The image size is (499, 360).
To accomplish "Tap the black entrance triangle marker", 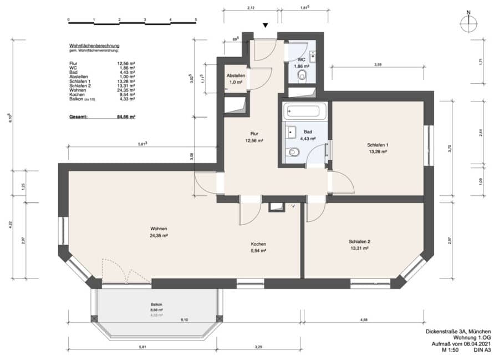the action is [x=266, y=26].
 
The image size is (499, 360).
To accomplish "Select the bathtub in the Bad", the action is [x=304, y=111].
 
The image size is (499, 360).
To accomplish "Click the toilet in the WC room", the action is [x=302, y=75].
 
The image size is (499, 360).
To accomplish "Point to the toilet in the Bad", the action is [x=293, y=152].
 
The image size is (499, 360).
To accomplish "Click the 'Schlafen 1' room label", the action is [x=378, y=145].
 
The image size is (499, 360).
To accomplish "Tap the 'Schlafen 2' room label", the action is [x=359, y=242].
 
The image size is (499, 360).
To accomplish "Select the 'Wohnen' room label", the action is [x=159, y=229].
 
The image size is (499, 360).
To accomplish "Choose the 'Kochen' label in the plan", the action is [x=258, y=244].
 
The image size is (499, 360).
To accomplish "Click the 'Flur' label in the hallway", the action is [x=254, y=134].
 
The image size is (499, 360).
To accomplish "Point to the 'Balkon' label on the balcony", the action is [x=156, y=305].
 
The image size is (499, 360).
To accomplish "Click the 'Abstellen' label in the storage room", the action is [x=236, y=76].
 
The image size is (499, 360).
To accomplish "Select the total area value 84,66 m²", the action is [x=126, y=117].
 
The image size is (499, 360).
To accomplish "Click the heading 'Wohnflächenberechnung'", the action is [x=94, y=46].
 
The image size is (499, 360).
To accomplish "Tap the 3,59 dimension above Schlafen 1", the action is [x=378, y=64].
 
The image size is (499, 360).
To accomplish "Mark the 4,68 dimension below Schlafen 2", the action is [x=364, y=320].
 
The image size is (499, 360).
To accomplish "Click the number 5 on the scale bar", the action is [x=196, y=20].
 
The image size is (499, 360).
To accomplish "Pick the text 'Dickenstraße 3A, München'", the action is [x=459, y=332].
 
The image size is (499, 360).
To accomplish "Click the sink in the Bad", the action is [x=291, y=132].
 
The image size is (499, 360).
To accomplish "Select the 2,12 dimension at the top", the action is [x=251, y=8].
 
